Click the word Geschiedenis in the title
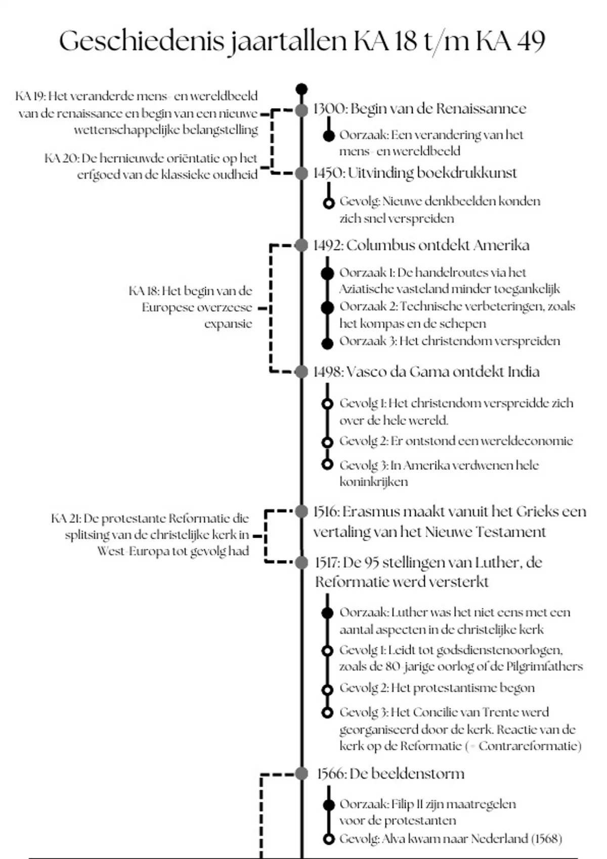(141, 41)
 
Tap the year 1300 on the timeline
(329, 109)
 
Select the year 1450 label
(329, 173)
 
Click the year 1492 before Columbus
(328, 246)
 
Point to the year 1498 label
(328, 372)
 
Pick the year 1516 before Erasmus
(326, 512)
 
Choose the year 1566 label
(331, 774)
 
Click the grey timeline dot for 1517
(302, 562)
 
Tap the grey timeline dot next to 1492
(301, 246)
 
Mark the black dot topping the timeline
(301, 89)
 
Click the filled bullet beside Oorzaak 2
(328, 307)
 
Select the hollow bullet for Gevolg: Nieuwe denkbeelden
(329, 203)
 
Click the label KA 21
(66, 518)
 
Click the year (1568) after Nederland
(547, 839)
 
